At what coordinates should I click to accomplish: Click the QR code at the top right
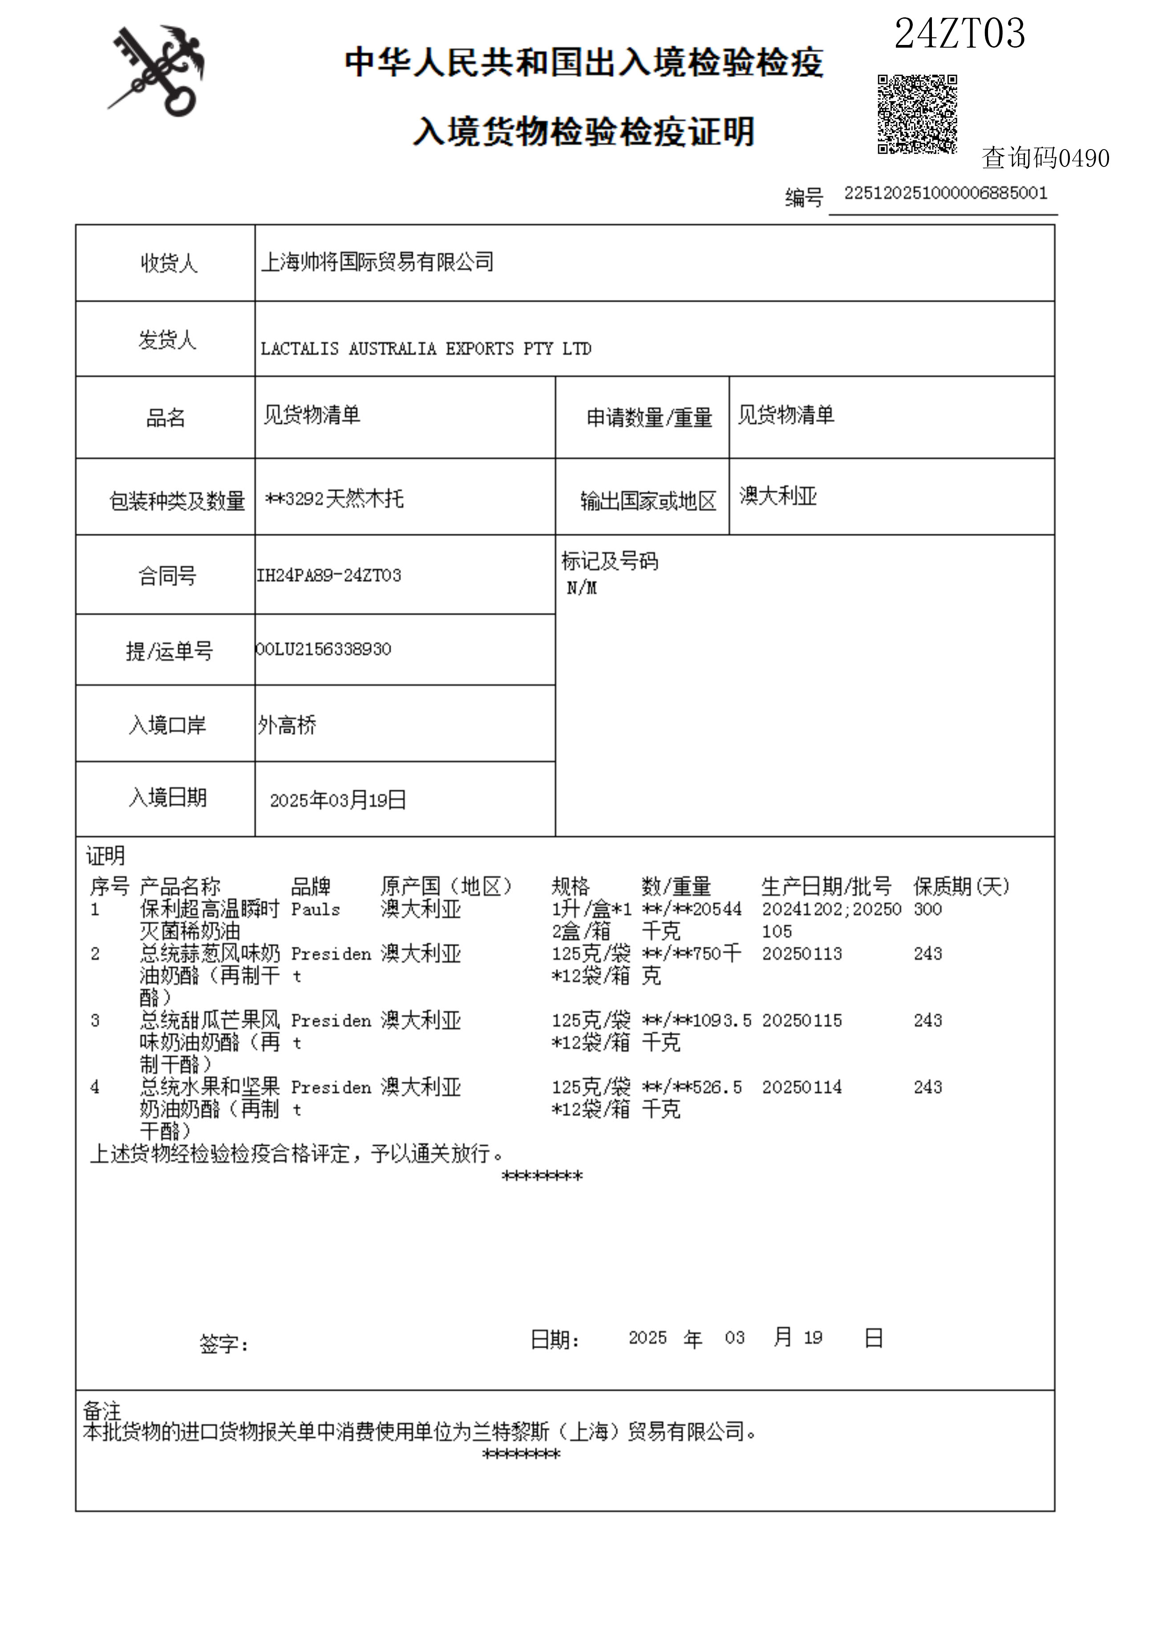(x=917, y=114)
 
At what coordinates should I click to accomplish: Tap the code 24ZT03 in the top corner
(x=960, y=33)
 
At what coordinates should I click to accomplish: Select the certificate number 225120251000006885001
(x=945, y=193)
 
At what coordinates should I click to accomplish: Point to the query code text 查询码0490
(x=1045, y=158)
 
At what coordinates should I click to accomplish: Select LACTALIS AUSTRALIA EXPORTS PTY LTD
(x=425, y=349)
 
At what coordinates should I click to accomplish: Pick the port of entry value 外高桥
(x=287, y=725)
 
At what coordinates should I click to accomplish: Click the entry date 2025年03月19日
(x=338, y=800)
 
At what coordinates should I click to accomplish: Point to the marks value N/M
(x=581, y=588)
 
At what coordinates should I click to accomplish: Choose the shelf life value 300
(x=927, y=909)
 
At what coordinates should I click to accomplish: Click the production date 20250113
(x=802, y=954)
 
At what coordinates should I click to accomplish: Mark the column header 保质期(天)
(x=961, y=886)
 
